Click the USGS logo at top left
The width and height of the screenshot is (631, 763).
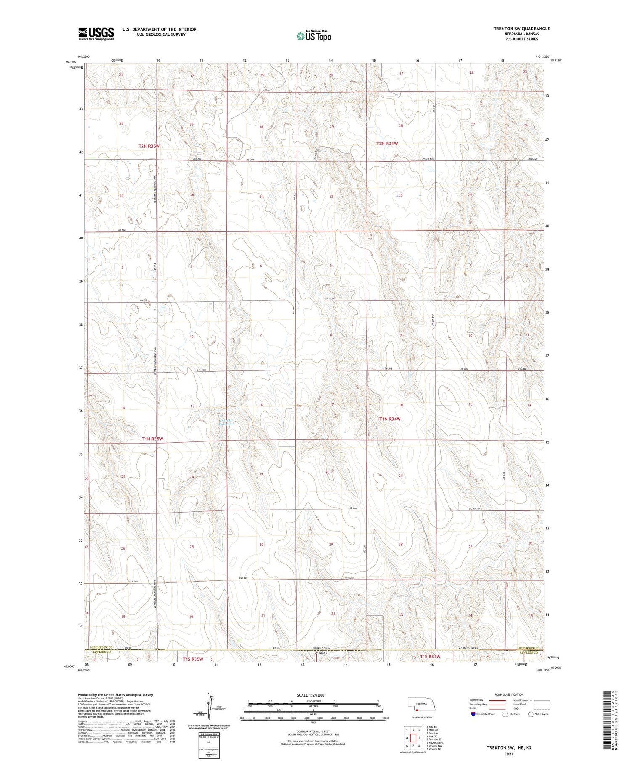(96, 34)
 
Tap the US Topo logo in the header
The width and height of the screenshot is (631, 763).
(314, 36)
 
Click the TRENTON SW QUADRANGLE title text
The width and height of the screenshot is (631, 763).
(522, 29)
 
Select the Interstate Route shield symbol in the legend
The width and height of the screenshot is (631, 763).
(473, 714)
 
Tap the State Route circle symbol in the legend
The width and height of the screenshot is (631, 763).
(531, 714)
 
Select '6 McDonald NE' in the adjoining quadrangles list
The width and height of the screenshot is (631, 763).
(436, 743)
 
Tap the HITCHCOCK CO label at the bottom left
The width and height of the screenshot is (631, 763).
(101, 647)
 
